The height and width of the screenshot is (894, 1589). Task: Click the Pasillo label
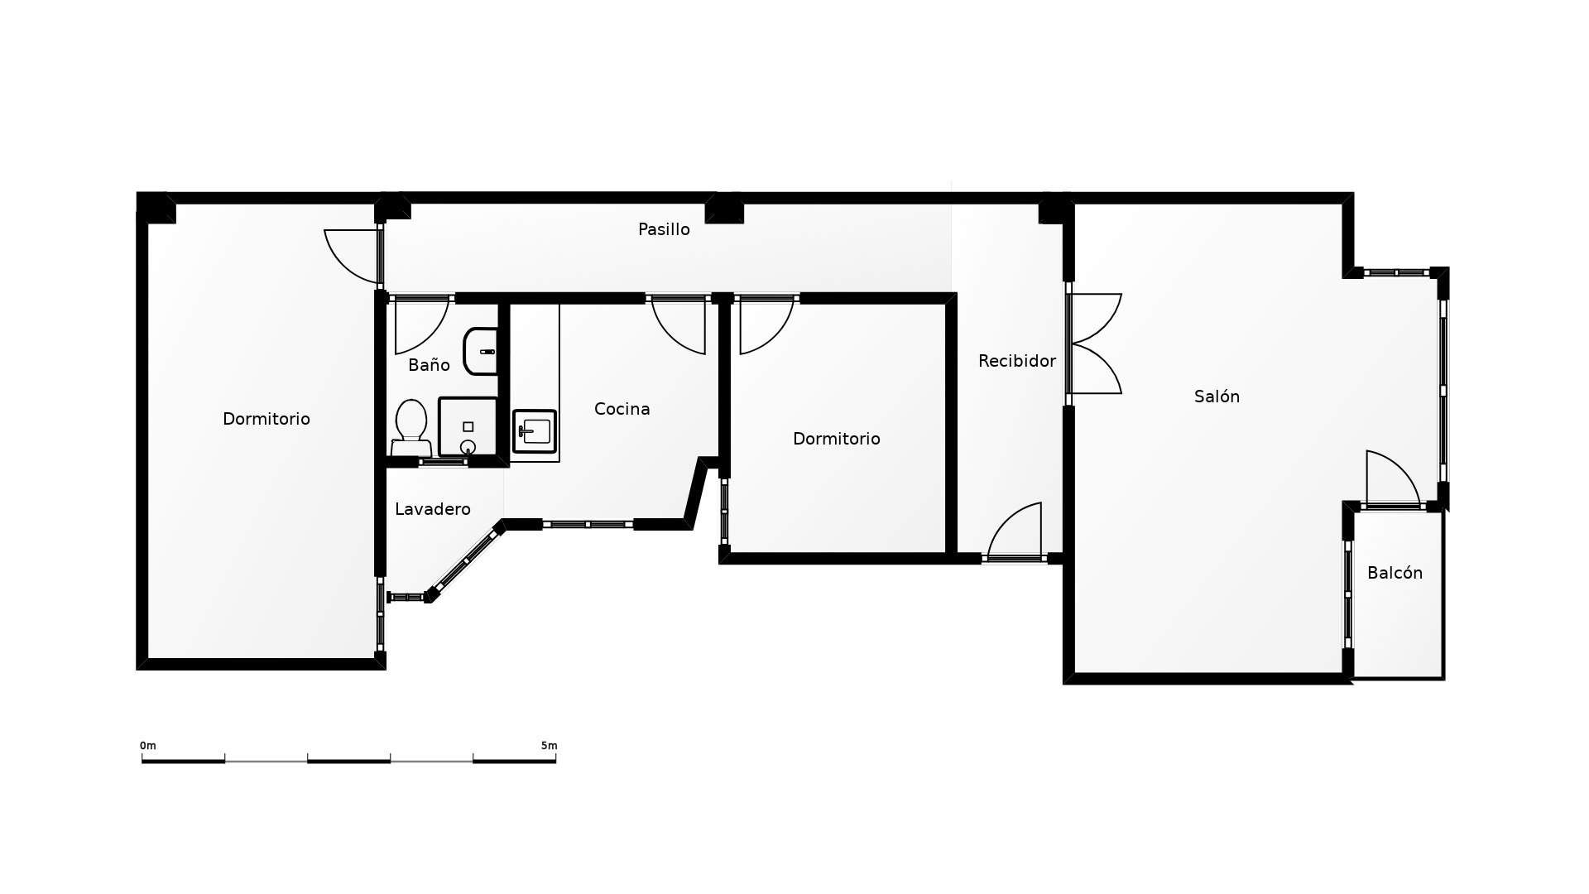(x=664, y=229)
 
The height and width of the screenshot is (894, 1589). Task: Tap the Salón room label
(x=1217, y=397)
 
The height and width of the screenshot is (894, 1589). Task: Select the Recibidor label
(x=1016, y=361)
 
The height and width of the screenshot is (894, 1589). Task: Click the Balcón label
(x=1395, y=573)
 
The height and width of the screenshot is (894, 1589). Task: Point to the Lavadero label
(x=432, y=509)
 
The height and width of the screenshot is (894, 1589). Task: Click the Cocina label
(x=622, y=409)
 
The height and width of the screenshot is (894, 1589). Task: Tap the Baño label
(x=429, y=365)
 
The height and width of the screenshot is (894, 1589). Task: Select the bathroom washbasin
(x=481, y=351)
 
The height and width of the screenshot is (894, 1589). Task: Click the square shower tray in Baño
(x=468, y=426)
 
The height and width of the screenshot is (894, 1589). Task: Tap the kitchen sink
(x=535, y=431)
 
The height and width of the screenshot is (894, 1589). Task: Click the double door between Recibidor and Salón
(x=1094, y=344)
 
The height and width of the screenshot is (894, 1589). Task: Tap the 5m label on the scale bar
(x=549, y=746)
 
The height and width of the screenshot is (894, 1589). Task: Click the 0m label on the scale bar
(x=148, y=746)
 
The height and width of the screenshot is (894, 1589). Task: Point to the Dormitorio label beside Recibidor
(x=836, y=439)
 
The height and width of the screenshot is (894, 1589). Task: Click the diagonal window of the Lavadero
(x=466, y=560)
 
